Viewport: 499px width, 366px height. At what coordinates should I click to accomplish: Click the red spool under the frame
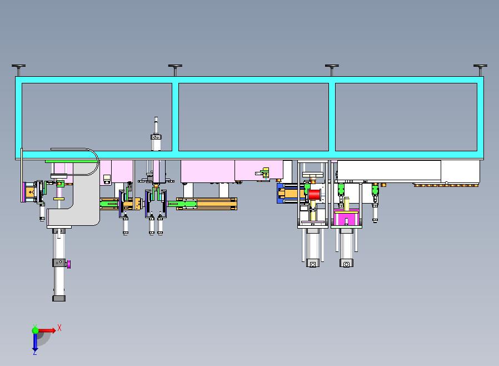pos(314,194)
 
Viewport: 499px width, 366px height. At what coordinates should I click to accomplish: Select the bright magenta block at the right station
pos(346,219)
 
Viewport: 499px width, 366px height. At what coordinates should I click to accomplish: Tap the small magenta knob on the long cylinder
pos(69,264)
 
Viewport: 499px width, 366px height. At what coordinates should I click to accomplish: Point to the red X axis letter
pos(59,328)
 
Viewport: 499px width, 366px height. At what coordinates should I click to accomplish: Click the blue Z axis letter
pos(34,352)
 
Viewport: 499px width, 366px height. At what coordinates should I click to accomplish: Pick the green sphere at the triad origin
pos(36,330)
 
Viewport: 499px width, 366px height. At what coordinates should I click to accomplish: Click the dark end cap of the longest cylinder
pos(59,298)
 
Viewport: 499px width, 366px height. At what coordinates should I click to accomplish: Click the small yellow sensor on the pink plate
pos(265,173)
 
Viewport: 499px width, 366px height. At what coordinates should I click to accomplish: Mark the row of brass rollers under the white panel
pos(446,185)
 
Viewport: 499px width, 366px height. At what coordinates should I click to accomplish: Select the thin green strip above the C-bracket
pos(71,161)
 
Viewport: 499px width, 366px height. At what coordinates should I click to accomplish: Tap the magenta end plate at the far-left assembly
pos(23,192)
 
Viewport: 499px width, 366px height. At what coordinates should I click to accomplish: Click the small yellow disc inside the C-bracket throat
pos(59,199)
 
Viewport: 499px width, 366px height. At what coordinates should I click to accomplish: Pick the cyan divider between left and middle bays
pos(176,117)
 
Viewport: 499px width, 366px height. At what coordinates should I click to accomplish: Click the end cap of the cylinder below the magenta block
pos(346,264)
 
